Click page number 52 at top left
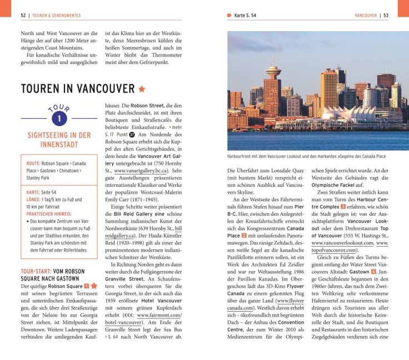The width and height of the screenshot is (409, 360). [23, 16]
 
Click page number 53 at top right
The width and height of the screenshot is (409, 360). [386, 16]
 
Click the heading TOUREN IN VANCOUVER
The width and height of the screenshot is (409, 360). [78, 89]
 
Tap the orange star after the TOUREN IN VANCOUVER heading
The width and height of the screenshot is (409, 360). [142, 89]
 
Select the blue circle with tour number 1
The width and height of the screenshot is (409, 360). [59, 118]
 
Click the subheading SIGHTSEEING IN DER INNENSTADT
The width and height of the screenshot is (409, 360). [59, 139]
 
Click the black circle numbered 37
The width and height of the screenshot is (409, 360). [132, 133]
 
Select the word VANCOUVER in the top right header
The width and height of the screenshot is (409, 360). [366, 16]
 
